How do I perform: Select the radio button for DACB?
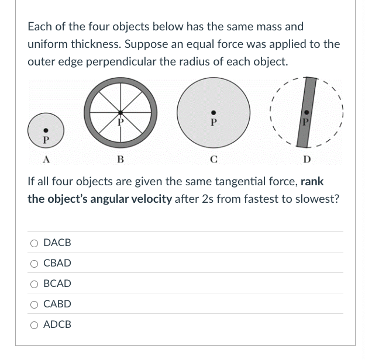tap(35, 243)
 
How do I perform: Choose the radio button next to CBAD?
tap(35, 263)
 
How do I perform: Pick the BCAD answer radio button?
tap(35, 283)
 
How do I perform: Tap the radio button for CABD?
tap(35, 304)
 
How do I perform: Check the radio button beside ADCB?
tap(35, 324)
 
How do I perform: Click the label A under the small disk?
tap(45, 160)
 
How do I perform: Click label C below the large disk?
tap(214, 160)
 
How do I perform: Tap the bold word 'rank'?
tap(312, 181)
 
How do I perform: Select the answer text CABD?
tap(57, 304)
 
